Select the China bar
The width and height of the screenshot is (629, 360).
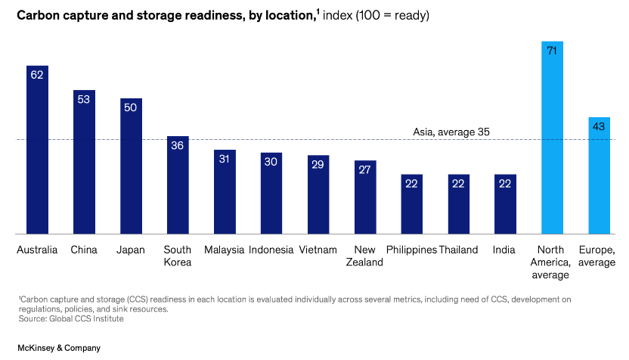click(84, 162)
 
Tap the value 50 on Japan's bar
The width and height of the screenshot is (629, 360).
click(131, 107)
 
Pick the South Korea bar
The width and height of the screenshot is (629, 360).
click(178, 185)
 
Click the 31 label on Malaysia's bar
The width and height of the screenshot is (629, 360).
click(225, 159)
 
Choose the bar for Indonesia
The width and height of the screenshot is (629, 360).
click(271, 194)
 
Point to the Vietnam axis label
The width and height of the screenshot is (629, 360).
click(318, 250)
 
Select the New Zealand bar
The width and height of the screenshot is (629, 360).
click(365, 197)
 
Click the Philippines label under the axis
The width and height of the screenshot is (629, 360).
click(411, 250)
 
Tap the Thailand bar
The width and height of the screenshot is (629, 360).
click(459, 204)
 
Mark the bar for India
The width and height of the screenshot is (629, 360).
click(505, 204)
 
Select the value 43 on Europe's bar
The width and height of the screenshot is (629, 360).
click(599, 126)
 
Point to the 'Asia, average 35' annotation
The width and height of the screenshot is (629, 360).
click(451, 132)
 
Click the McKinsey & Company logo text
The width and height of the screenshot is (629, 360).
click(51, 348)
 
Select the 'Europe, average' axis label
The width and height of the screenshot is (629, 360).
click(596, 256)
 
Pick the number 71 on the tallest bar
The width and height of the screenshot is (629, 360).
click(553, 51)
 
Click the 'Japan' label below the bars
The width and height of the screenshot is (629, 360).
click(131, 250)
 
